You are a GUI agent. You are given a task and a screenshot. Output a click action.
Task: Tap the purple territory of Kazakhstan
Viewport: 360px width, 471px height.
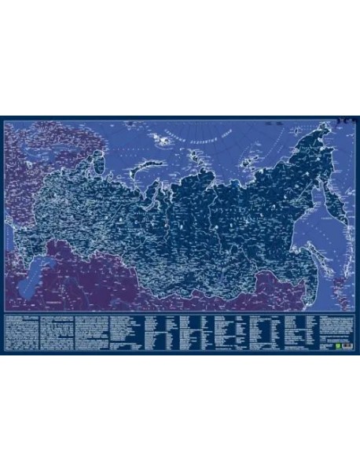click(94, 279)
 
